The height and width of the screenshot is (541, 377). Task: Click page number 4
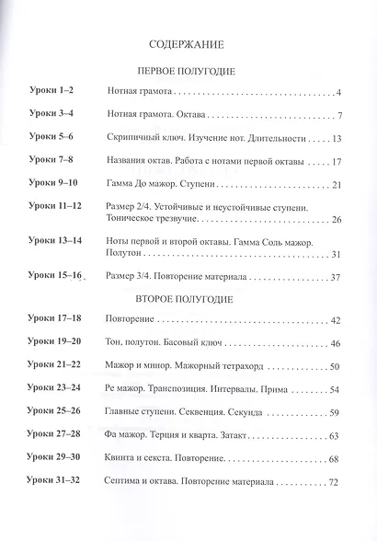[x=339, y=93]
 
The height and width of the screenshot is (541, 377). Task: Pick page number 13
[x=337, y=139]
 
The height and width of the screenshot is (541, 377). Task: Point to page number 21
[x=337, y=185]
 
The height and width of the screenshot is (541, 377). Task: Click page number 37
[x=337, y=277]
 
